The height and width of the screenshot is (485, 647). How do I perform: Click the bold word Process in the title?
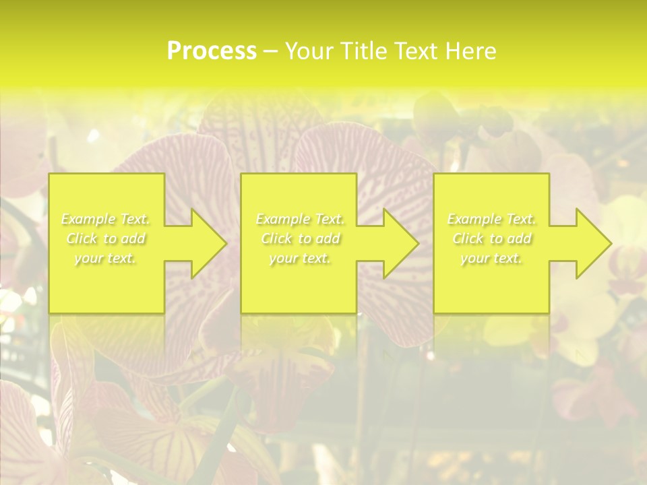pos(212,51)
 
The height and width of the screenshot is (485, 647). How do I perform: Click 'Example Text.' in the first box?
pos(106,219)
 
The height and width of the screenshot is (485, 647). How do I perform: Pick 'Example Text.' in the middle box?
pos(300,219)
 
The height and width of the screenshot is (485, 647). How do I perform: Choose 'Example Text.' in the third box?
pos(491,219)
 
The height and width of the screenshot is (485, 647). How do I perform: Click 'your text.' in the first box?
pos(106,258)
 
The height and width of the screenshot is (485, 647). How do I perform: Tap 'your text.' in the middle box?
pos(300,258)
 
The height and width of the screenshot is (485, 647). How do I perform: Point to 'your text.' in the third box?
pos(491,258)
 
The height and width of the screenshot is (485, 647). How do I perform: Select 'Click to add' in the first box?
pos(106,238)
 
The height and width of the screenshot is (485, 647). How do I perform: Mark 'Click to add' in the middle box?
pos(300,238)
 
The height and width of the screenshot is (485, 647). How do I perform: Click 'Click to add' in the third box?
pos(491,238)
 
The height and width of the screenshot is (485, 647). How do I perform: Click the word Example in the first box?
pos(88,219)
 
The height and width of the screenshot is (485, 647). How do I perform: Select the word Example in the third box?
pos(474,219)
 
